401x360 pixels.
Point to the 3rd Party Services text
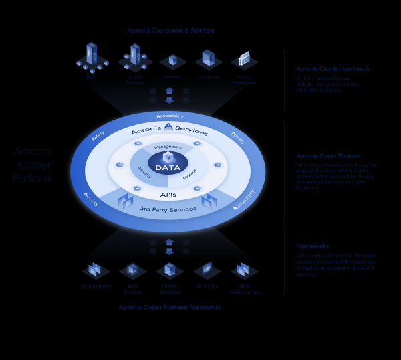(169, 209)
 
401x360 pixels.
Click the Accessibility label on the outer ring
(169, 116)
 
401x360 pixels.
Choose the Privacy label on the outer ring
(237, 137)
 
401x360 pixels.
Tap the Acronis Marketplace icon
(244, 59)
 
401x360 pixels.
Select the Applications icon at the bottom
(96, 271)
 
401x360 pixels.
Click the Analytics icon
(207, 270)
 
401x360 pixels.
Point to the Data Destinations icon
(244, 271)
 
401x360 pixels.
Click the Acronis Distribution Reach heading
(333, 69)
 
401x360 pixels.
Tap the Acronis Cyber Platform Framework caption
(169, 308)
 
